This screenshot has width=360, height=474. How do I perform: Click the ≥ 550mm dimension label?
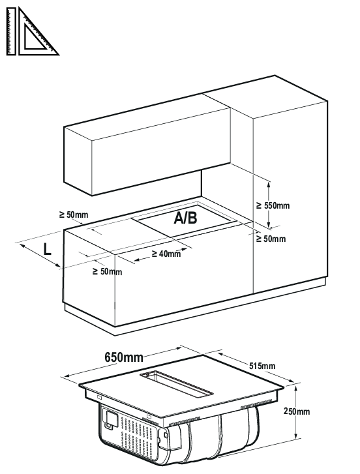click(273, 205)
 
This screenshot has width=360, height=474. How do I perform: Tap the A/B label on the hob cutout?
click(185, 218)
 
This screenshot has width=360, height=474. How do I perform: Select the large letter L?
click(47, 250)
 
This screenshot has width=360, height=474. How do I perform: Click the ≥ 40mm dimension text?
click(166, 254)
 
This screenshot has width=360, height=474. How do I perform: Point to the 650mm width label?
click(124, 357)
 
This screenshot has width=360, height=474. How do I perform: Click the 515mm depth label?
click(262, 366)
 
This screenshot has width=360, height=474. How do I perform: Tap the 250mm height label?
click(297, 411)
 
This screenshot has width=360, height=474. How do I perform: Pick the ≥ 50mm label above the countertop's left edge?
click(74, 215)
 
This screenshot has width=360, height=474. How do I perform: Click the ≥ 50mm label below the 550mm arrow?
click(271, 239)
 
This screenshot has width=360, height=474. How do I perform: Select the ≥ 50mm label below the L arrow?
click(108, 272)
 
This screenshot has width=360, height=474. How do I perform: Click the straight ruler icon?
click(11, 31)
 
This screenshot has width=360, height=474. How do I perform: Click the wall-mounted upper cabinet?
click(147, 145)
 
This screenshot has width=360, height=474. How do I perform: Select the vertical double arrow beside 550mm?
click(269, 204)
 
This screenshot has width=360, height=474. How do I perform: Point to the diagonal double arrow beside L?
click(40, 256)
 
